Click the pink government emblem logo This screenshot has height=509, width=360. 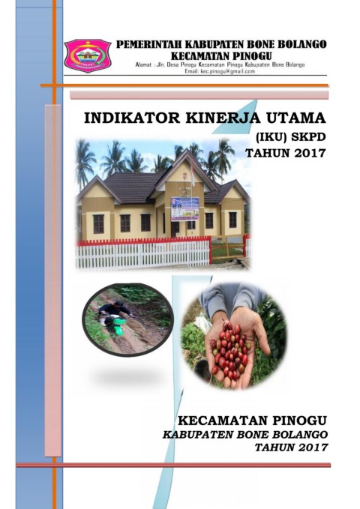coord(88,55)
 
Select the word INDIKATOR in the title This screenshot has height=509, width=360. coord(132,118)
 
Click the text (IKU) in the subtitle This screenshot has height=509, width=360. coord(271,137)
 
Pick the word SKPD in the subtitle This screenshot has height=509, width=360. coord(309,137)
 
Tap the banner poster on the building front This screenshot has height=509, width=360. coord(184,208)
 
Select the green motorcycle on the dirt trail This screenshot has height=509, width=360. coord(113,325)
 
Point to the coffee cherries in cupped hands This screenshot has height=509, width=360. coord(230,349)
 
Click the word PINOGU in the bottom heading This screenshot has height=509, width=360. coord(299,421)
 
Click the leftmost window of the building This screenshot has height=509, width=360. coord(98,224)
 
